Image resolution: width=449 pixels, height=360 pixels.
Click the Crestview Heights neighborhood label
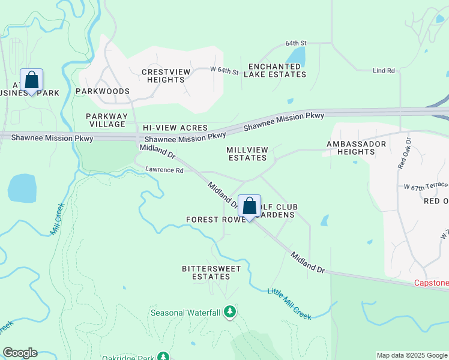coord(166,76)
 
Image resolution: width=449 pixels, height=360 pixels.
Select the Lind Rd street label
coord(384,71)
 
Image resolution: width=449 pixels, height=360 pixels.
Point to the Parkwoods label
coord(103,91)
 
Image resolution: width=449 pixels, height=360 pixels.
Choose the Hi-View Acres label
coord(175,128)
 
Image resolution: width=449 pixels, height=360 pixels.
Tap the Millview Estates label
coord(247,154)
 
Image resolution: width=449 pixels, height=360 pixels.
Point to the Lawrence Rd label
coord(164,170)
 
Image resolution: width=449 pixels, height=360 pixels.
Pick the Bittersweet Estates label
coord(206,272)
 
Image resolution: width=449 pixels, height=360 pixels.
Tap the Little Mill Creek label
coord(289,303)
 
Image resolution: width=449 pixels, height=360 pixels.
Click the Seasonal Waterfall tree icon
coord(229,312)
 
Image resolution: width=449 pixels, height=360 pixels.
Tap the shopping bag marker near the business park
coord(31,80)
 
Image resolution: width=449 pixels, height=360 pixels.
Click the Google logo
coord(20,353)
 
